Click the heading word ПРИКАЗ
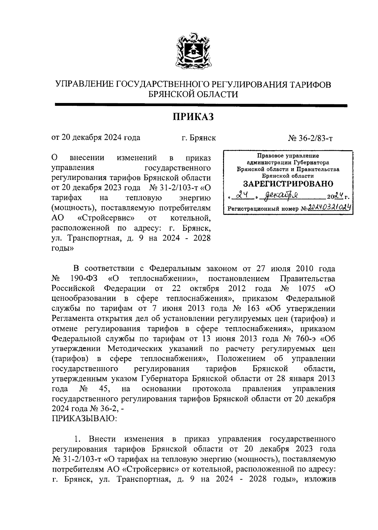pos(193,117)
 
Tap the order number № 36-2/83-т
pos(310,138)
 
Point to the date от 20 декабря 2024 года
pos(96,138)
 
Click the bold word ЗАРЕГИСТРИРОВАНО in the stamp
pos(288,184)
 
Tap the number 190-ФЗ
pos(82,279)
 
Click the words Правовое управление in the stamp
pos(288,156)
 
